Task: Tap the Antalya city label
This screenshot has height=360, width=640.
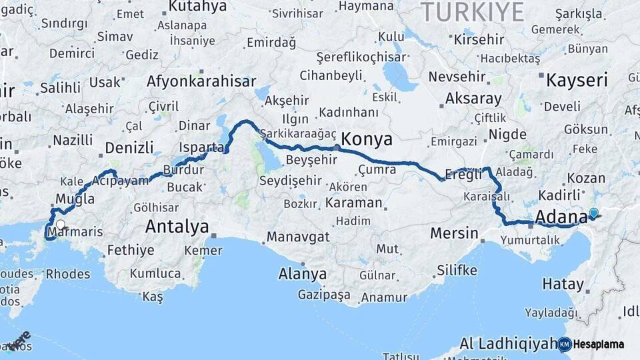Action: (x=177, y=227)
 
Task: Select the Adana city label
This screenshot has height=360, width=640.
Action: (x=560, y=217)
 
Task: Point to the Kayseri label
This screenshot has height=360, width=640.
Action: (x=577, y=81)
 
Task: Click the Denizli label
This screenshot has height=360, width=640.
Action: (x=129, y=147)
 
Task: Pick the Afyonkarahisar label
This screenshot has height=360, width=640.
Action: (x=201, y=81)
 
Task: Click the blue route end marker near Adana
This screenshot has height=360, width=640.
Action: (x=593, y=213)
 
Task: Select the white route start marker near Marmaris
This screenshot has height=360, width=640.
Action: (x=61, y=225)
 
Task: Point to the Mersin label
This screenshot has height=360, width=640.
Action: (x=454, y=233)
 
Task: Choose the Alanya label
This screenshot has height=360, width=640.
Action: (x=303, y=274)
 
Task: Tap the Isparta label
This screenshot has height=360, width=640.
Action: (x=201, y=147)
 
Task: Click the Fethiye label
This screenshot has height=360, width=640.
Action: (x=130, y=251)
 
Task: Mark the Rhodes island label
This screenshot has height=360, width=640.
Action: (x=68, y=274)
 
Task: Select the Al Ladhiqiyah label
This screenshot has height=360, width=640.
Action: (x=508, y=343)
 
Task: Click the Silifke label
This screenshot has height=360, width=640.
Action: (x=457, y=270)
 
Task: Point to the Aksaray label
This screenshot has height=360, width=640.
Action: (x=473, y=99)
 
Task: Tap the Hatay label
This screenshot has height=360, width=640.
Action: (x=563, y=283)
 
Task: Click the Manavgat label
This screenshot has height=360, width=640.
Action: (x=298, y=237)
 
